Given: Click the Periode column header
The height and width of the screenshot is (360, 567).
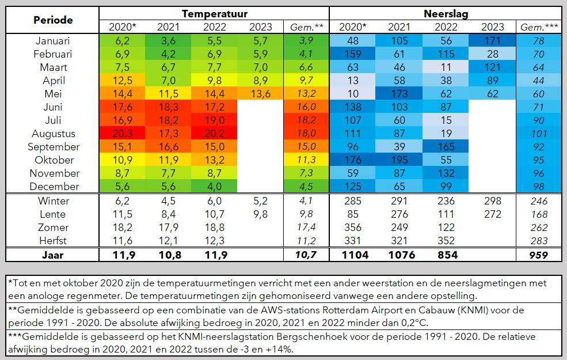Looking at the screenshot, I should tap(53, 20).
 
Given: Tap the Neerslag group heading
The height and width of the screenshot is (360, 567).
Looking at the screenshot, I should tap(445, 13).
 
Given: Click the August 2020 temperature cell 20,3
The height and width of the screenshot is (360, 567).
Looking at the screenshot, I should tap(121, 134).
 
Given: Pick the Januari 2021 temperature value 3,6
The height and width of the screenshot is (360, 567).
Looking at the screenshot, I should tap(168, 41).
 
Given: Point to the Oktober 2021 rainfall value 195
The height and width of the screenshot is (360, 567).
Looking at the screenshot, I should tap(399, 160).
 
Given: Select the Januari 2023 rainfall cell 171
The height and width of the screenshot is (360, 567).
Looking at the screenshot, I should tap(492, 41).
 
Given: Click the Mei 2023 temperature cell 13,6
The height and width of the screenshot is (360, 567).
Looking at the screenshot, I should tap(260, 94).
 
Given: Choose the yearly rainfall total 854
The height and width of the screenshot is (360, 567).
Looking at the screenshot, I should tap(445, 255).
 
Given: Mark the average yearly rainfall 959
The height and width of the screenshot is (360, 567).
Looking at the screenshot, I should tap(539, 255).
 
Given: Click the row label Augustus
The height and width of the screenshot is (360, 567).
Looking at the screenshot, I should tap(53, 134).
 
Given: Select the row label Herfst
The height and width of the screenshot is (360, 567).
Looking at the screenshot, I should tap(53, 240).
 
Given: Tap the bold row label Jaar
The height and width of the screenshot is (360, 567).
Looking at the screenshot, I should tap(53, 255).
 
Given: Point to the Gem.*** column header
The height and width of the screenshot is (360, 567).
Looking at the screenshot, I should tap(539, 27).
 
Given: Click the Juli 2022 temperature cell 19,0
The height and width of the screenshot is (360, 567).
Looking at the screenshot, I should tap(214, 120).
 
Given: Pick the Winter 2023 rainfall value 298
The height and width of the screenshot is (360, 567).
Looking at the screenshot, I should tap(492, 201).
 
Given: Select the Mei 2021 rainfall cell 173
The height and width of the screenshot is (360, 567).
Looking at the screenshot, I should tap(399, 94).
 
